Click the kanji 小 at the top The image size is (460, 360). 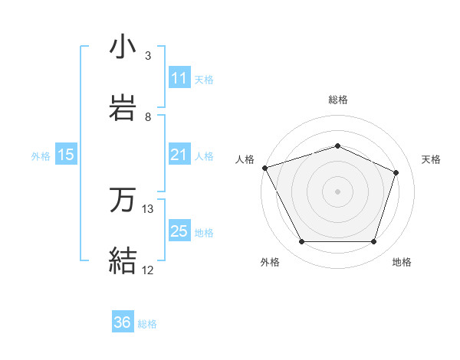point(123,47)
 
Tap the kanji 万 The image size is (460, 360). point(123,201)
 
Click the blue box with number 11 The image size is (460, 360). point(179,78)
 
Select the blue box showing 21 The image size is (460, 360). point(179,155)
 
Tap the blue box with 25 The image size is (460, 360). point(179,231)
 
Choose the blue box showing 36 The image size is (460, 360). point(123,322)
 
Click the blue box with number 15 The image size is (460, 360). point(66,155)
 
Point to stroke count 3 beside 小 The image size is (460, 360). point(148,56)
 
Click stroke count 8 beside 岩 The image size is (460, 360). point(148,116)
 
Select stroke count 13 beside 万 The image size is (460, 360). point(148,209)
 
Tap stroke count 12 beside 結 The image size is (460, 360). point(148,270)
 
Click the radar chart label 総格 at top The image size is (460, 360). point(338,100)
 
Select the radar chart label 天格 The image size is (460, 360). point(432,159)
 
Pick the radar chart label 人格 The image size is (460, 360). point(245,159)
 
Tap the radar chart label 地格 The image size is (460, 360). point(402,262)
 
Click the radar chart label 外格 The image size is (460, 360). point(270,262)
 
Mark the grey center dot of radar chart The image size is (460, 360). point(338,191)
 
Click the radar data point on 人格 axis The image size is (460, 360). point(264,168)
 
